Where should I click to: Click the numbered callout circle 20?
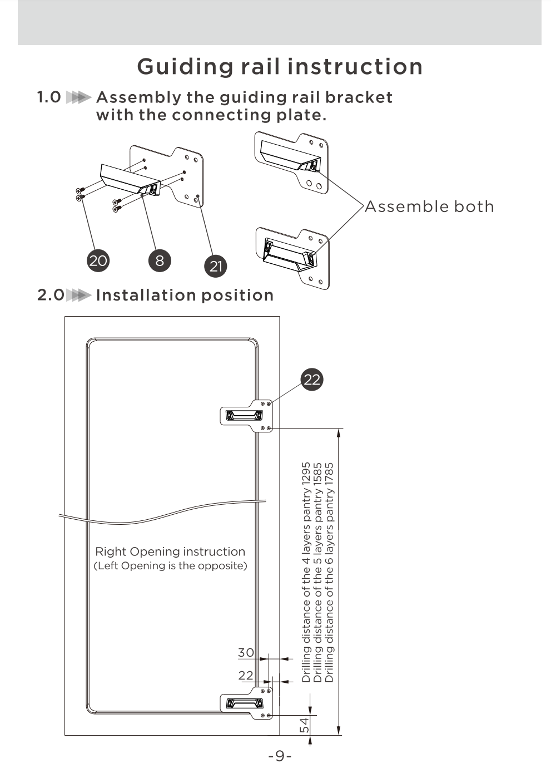tap(98, 260)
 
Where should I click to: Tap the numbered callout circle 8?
tap(160, 260)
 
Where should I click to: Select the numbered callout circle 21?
tap(216, 266)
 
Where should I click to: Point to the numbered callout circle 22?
tap(312, 380)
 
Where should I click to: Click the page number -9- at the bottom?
tap(280, 756)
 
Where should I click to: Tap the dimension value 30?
tap(246, 652)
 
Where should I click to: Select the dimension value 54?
tap(305, 725)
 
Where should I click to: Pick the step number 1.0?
tap(49, 97)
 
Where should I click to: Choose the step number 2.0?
tap(51, 295)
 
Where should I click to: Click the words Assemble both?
tap(429, 206)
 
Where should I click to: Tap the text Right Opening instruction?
tap(170, 552)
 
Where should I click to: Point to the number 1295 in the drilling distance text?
tap(306, 474)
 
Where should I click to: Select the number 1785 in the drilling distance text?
tap(330, 474)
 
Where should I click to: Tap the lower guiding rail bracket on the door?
tap(246, 703)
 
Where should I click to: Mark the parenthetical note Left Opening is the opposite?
tap(170, 566)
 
